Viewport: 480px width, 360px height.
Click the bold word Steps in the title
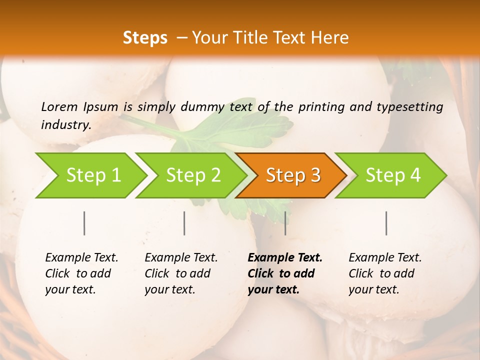point(145,38)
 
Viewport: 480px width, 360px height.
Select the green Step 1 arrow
point(93,175)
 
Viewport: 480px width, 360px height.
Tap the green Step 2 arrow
point(193,175)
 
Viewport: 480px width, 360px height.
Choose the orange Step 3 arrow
point(292,175)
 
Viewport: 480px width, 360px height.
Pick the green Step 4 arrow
point(392,175)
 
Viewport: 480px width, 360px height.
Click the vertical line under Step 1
point(84,223)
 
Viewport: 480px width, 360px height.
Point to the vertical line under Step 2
point(184,223)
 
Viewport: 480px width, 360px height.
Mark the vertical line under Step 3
point(285,223)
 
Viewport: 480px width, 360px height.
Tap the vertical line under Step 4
point(386,223)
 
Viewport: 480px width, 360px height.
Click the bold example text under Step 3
point(284,273)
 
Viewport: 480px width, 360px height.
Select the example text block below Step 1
point(81,273)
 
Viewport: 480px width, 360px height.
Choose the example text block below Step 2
point(181,273)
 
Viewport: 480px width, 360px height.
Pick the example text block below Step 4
point(385,273)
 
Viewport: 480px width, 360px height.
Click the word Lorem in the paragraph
point(59,106)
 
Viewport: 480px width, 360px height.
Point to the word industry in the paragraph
point(65,124)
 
